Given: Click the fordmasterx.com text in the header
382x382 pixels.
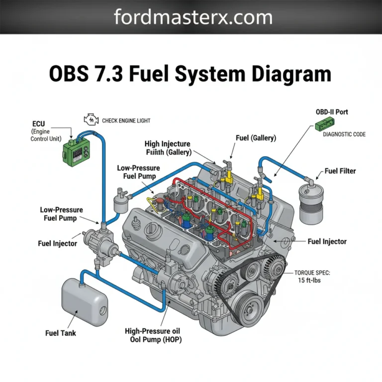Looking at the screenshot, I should (193, 17).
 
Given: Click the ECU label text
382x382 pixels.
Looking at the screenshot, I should (38, 123).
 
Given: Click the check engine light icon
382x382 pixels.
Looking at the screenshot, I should (91, 120).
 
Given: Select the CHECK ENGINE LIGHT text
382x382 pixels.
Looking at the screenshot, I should (126, 120).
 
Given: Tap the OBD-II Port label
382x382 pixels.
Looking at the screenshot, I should (332, 112).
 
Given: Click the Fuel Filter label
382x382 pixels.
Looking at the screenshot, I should (340, 171).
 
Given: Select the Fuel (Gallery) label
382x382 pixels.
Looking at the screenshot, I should (256, 138).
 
